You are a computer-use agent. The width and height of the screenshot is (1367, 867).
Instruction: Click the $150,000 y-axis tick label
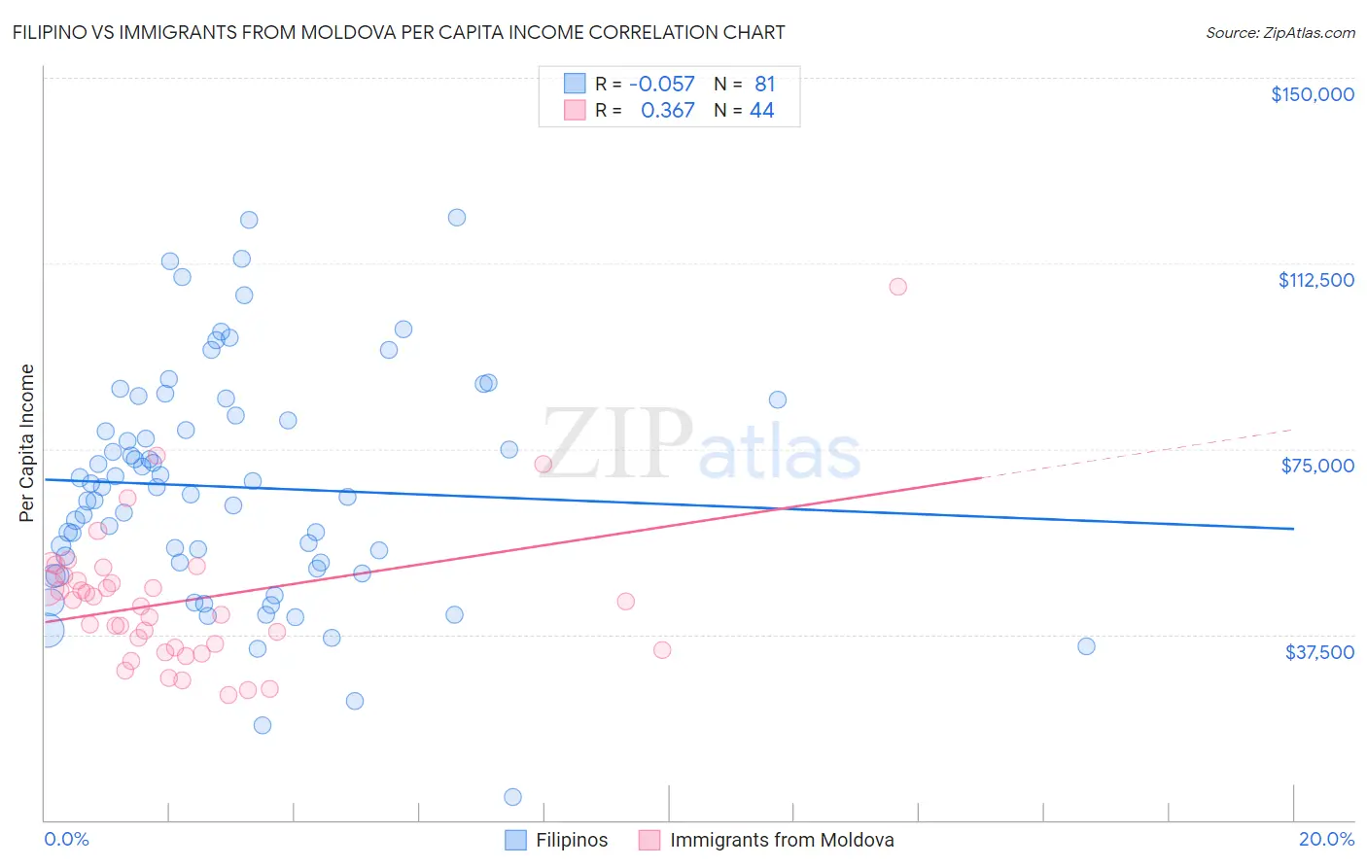(1312, 94)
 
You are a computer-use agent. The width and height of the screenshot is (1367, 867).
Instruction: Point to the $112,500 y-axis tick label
(1315, 280)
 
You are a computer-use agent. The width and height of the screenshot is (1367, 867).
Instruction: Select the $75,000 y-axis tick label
(1317, 466)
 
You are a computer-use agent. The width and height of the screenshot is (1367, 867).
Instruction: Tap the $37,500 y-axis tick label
(1319, 652)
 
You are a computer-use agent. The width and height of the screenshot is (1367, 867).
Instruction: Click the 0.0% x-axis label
(66, 839)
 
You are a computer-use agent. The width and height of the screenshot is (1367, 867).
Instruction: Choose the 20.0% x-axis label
(1326, 839)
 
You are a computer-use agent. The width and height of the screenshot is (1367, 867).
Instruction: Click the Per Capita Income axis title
(27, 442)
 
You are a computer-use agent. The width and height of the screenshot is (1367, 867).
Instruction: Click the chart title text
(399, 32)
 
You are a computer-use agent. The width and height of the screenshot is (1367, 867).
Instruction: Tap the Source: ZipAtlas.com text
(1279, 32)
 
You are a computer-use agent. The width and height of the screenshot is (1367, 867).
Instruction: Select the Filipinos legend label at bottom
(572, 840)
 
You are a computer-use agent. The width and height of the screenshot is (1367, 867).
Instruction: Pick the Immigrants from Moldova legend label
(782, 840)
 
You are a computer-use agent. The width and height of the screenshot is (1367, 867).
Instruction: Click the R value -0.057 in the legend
(661, 85)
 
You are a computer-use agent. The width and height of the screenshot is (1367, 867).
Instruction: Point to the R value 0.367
(667, 111)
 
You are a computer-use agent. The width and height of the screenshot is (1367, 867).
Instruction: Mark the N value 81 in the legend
(764, 85)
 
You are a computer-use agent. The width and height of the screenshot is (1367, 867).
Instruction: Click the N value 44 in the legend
(761, 111)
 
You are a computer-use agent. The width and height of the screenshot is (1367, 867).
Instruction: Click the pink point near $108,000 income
(897, 287)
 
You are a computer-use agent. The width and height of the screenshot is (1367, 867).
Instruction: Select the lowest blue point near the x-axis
(512, 797)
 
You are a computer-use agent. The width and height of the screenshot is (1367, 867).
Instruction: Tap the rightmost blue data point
(1086, 646)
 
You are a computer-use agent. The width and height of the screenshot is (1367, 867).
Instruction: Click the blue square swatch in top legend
(575, 85)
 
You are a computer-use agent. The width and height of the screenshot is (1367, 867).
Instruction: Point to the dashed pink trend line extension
(1138, 453)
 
